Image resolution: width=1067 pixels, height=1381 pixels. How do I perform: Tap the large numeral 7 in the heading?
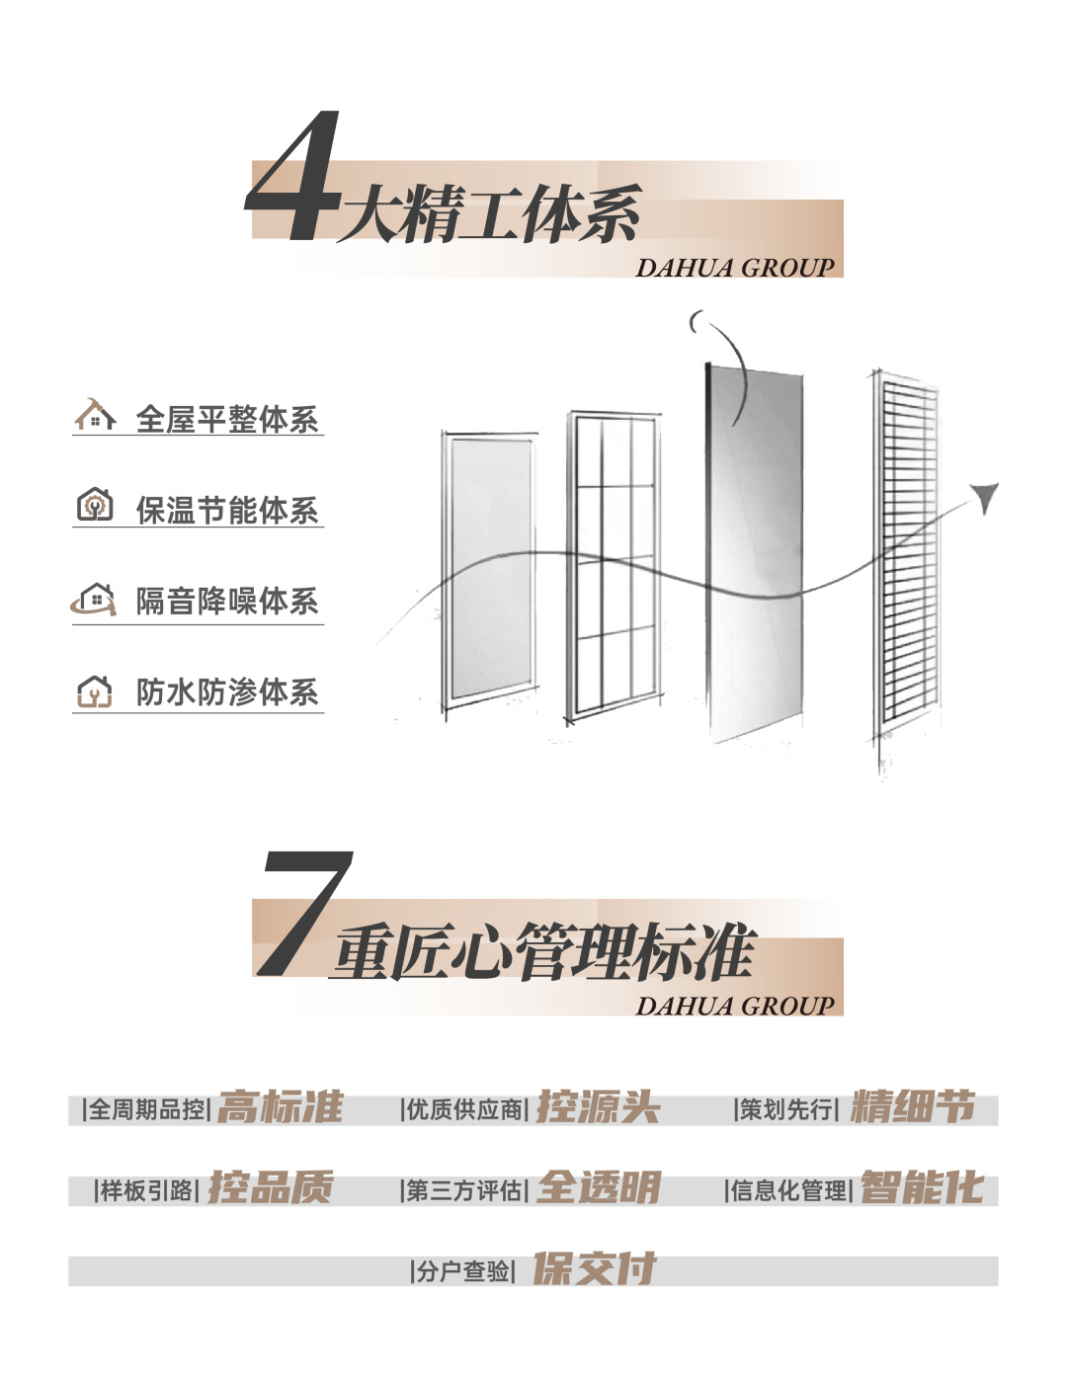point(304,914)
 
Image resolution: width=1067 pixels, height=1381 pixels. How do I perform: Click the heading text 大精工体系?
point(489,214)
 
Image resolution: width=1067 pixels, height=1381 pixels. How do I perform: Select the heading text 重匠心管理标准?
point(544,952)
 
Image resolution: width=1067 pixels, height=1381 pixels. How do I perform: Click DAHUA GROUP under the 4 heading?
point(735,268)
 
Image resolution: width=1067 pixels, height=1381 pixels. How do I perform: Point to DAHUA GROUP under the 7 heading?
point(735,1006)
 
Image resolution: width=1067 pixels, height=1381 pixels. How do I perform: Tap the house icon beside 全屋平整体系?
point(95,416)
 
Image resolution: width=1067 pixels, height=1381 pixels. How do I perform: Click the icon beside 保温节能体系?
point(95,506)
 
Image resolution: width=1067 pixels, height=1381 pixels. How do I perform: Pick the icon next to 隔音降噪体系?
point(94,599)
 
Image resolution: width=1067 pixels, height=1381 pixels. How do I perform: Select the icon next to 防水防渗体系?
point(95,690)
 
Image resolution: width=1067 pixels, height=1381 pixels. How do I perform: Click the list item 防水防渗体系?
point(227,691)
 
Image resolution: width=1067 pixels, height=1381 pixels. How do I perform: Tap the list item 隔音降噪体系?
point(227,601)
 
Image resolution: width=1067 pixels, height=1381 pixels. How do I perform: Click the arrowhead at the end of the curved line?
point(985,496)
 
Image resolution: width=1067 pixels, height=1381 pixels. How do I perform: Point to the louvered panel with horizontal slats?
point(907,553)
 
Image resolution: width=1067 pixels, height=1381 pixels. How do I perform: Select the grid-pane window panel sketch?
point(614,563)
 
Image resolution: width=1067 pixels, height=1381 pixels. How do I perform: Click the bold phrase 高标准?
point(281,1107)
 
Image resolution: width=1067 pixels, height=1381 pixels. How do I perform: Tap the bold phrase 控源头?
point(598,1107)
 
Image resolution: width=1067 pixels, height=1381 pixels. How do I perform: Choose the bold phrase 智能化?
point(922,1187)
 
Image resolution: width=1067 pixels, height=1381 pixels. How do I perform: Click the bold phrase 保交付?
point(595,1268)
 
